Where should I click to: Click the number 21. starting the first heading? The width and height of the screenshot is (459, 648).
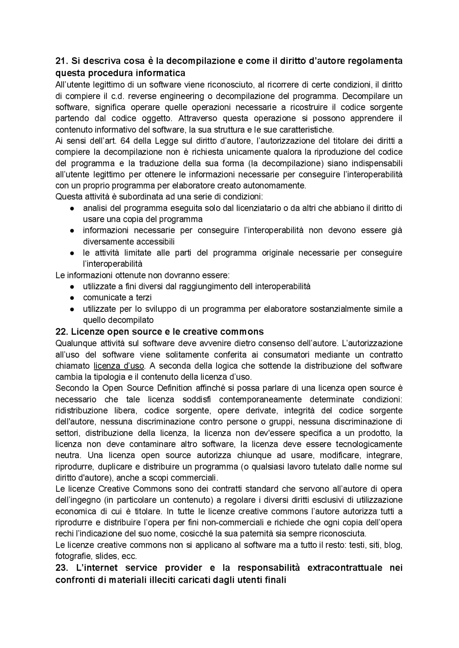(61, 61)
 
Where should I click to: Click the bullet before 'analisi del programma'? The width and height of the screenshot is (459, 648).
(72, 208)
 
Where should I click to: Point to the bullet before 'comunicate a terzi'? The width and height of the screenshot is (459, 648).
(72, 298)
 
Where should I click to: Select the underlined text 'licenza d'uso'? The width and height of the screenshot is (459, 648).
(119, 366)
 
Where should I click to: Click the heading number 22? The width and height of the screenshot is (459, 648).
(62, 331)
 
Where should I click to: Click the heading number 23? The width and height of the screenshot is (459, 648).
(62, 568)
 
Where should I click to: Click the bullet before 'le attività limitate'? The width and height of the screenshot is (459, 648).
(72, 253)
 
